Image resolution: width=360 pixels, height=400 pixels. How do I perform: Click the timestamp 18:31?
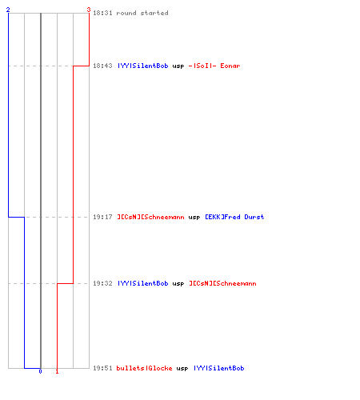[x=102, y=13]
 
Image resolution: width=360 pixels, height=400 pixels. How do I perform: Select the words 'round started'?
[x=142, y=13]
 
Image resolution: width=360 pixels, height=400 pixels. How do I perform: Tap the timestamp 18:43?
[x=102, y=66]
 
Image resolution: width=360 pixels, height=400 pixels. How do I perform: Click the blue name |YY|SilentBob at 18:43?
[x=143, y=66]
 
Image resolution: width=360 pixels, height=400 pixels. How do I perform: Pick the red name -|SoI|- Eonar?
[x=214, y=66]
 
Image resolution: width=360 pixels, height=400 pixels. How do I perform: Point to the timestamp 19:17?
[x=102, y=217]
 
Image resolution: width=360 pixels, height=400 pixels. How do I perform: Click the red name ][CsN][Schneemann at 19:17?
[x=150, y=217]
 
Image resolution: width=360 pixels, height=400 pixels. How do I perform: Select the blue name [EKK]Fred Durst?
[x=234, y=217]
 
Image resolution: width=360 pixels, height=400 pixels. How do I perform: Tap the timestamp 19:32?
[x=102, y=283]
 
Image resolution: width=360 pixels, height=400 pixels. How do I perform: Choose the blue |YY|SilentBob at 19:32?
[x=143, y=283]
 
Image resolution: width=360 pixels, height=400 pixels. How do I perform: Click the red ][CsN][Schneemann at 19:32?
[x=222, y=283]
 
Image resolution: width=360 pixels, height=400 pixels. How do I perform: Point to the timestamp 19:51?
[x=102, y=368]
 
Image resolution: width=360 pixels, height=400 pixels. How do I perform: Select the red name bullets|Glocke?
[x=144, y=368]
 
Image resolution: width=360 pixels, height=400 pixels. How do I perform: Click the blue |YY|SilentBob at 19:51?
[x=219, y=368]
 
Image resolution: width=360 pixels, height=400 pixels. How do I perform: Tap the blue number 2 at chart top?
[x=8, y=10]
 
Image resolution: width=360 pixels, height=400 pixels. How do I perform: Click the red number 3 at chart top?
[x=89, y=10]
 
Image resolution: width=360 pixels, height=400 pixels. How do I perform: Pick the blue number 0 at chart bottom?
[x=40, y=371]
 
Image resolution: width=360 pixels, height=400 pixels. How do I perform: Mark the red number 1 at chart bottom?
[x=57, y=371]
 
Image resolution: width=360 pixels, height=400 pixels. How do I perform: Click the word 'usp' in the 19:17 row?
[x=194, y=218]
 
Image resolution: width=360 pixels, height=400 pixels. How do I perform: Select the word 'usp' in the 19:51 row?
[x=182, y=369]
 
